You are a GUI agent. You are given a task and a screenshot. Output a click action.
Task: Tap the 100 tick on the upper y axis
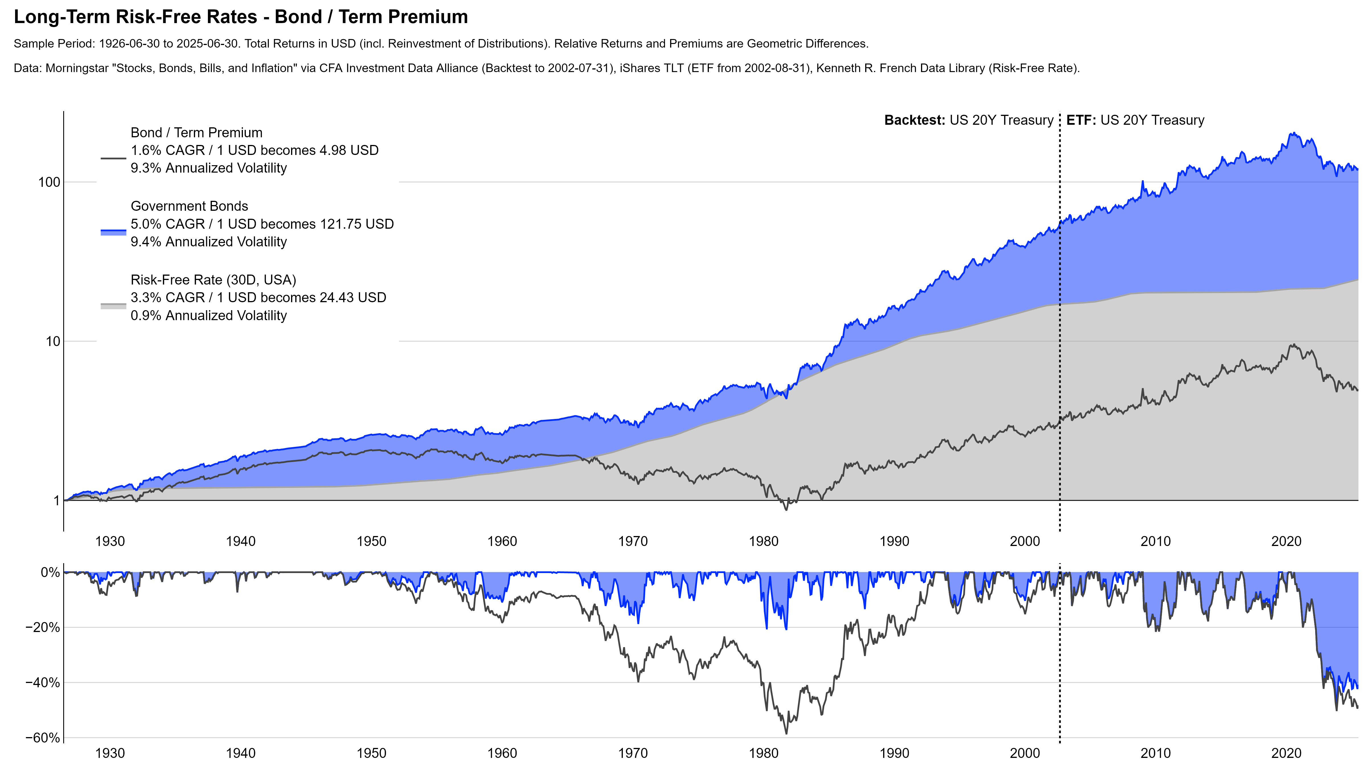(x=49, y=182)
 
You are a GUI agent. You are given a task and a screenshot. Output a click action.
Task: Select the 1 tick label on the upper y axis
(x=57, y=500)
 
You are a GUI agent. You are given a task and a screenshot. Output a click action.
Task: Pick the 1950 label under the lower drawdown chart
(x=371, y=753)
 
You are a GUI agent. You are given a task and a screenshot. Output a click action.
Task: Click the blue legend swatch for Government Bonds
(x=113, y=232)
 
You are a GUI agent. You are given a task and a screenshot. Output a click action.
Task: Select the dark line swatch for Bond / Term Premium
(x=113, y=158)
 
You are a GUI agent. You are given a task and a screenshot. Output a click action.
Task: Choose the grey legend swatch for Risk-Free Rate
(x=113, y=306)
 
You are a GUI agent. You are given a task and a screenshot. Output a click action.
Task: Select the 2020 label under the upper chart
(x=1286, y=541)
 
